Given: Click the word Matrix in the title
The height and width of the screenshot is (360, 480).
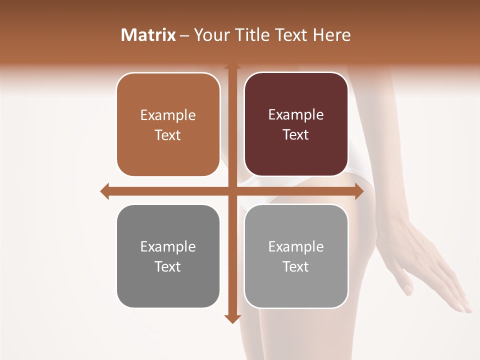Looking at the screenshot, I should click(x=148, y=35).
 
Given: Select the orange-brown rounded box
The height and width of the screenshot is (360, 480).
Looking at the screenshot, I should click(x=168, y=125).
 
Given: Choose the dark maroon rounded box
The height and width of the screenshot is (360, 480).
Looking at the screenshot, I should click(x=296, y=124).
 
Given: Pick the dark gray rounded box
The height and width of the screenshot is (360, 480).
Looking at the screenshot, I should click(x=168, y=256).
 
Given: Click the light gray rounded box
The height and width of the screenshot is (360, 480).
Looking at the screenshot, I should click(x=296, y=256).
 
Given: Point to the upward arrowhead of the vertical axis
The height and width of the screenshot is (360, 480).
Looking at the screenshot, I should click(x=232, y=66).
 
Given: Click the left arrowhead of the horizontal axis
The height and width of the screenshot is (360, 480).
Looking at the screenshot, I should click(x=104, y=191).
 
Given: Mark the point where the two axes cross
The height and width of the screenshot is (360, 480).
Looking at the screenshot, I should click(x=232, y=191).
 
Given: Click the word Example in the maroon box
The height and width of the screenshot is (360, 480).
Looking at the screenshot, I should click(x=296, y=115).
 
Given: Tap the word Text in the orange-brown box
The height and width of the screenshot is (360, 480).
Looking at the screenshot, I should click(x=168, y=135).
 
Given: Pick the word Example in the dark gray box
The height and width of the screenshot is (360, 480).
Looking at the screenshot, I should click(x=168, y=246).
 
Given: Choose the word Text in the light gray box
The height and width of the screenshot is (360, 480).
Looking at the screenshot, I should click(x=296, y=267).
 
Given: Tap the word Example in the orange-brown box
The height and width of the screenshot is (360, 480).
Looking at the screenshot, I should click(x=168, y=115).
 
